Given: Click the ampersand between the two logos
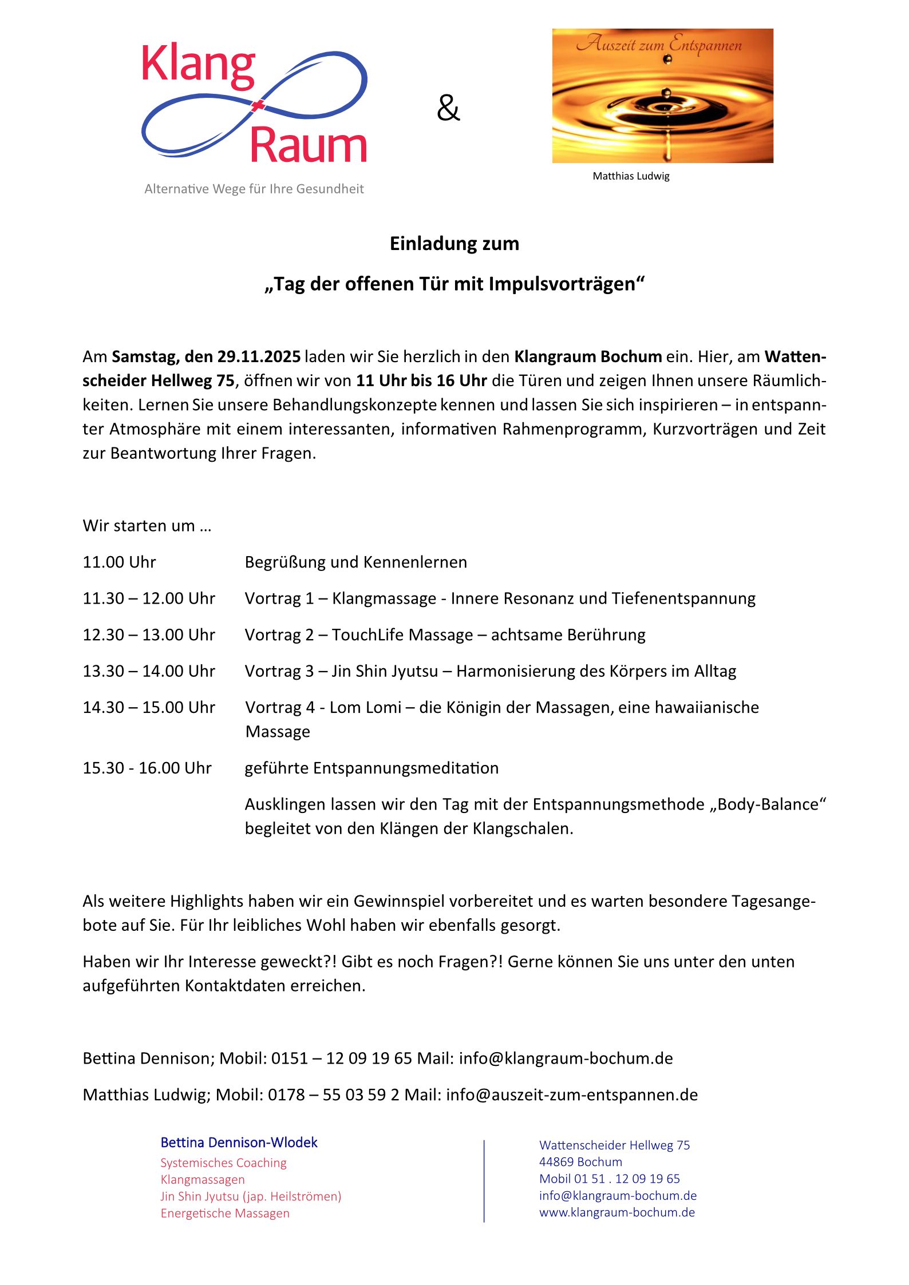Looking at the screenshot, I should pos(448,108).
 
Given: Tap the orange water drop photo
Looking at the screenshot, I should pos(662,96).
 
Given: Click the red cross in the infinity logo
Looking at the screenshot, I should pos(258,105).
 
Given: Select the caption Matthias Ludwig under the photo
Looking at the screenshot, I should pos(631,176).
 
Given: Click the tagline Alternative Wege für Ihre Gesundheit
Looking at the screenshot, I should pos(254,189).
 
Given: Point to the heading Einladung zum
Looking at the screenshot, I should pos(454,244).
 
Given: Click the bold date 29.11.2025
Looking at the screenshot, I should pos(259,356).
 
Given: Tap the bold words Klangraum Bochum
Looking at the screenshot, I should pos(587,356).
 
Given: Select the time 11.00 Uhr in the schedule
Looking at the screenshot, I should pos(119,562).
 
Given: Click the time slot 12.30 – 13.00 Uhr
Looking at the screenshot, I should pos(149,634).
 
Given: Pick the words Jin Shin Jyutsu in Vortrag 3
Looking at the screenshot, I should pos(385,671).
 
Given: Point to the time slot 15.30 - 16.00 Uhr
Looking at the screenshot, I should pos(147,768).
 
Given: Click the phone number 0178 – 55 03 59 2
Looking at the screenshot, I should pos(333,1094).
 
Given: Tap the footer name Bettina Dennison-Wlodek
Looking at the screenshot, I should pos(239,1143).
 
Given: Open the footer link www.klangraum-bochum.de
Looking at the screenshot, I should pos(616,1212).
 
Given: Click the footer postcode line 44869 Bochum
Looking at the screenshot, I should pos(580,1162).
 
